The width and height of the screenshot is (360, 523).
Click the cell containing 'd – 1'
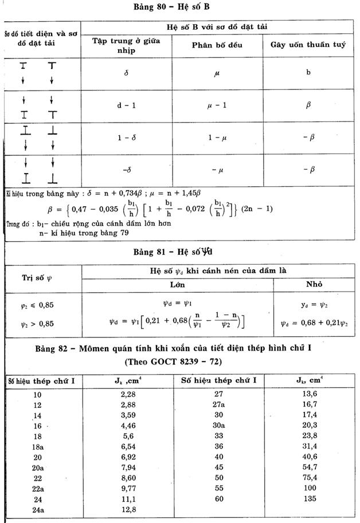tap(127, 105)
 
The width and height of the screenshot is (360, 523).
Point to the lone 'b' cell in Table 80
tap(308, 73)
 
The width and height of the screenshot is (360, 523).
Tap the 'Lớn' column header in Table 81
tap(177, 284)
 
